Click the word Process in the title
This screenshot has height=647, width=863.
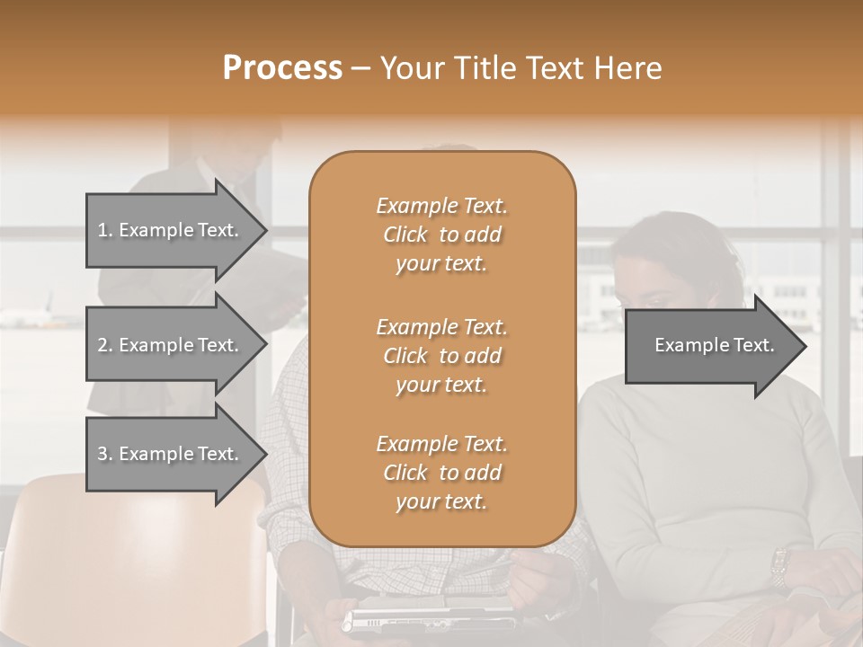282,68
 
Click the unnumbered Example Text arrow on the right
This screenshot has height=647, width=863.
715,345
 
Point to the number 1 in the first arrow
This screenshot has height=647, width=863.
102,230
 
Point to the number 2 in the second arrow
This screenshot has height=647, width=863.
102,345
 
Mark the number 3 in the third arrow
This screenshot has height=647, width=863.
102,454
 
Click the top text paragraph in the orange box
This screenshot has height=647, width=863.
441,235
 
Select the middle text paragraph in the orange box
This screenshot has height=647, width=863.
441,355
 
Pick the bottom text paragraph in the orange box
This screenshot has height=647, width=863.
441,473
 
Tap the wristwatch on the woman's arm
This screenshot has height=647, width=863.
779,565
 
